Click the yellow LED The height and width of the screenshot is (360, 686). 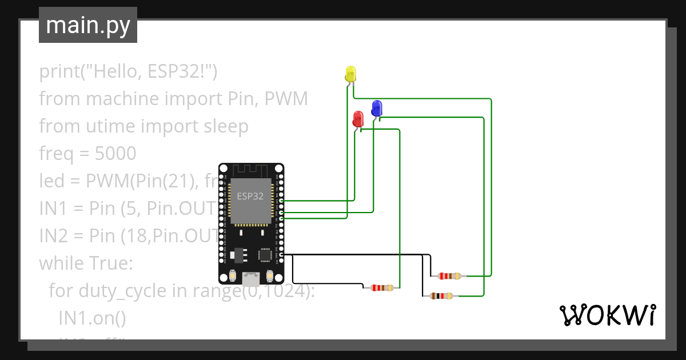[x=350, y=74]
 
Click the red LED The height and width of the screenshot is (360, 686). [x=358, y=118]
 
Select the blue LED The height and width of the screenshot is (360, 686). [x=377, y=107]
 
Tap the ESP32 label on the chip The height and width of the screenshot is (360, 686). [x=250, y=196]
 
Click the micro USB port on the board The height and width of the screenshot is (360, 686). [x=250, y=279]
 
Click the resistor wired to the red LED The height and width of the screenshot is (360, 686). [x=382, y=287]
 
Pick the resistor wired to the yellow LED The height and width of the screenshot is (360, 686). [x=449, y=276]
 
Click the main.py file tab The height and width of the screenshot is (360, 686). [x=88, y=25]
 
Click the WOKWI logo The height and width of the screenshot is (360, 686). [x=607, y=315]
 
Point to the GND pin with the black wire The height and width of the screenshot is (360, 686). [x=281, y=254]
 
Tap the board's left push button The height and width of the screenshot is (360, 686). [x=233, y=276]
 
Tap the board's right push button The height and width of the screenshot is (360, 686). [x=269, y=276]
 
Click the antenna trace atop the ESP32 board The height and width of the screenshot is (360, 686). [x=250, y=170]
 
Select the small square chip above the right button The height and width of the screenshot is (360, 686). [x=265, y=254]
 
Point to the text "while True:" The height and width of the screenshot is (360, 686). [x=86, y=263]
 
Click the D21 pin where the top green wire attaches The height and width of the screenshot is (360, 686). [x=281, y=201]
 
